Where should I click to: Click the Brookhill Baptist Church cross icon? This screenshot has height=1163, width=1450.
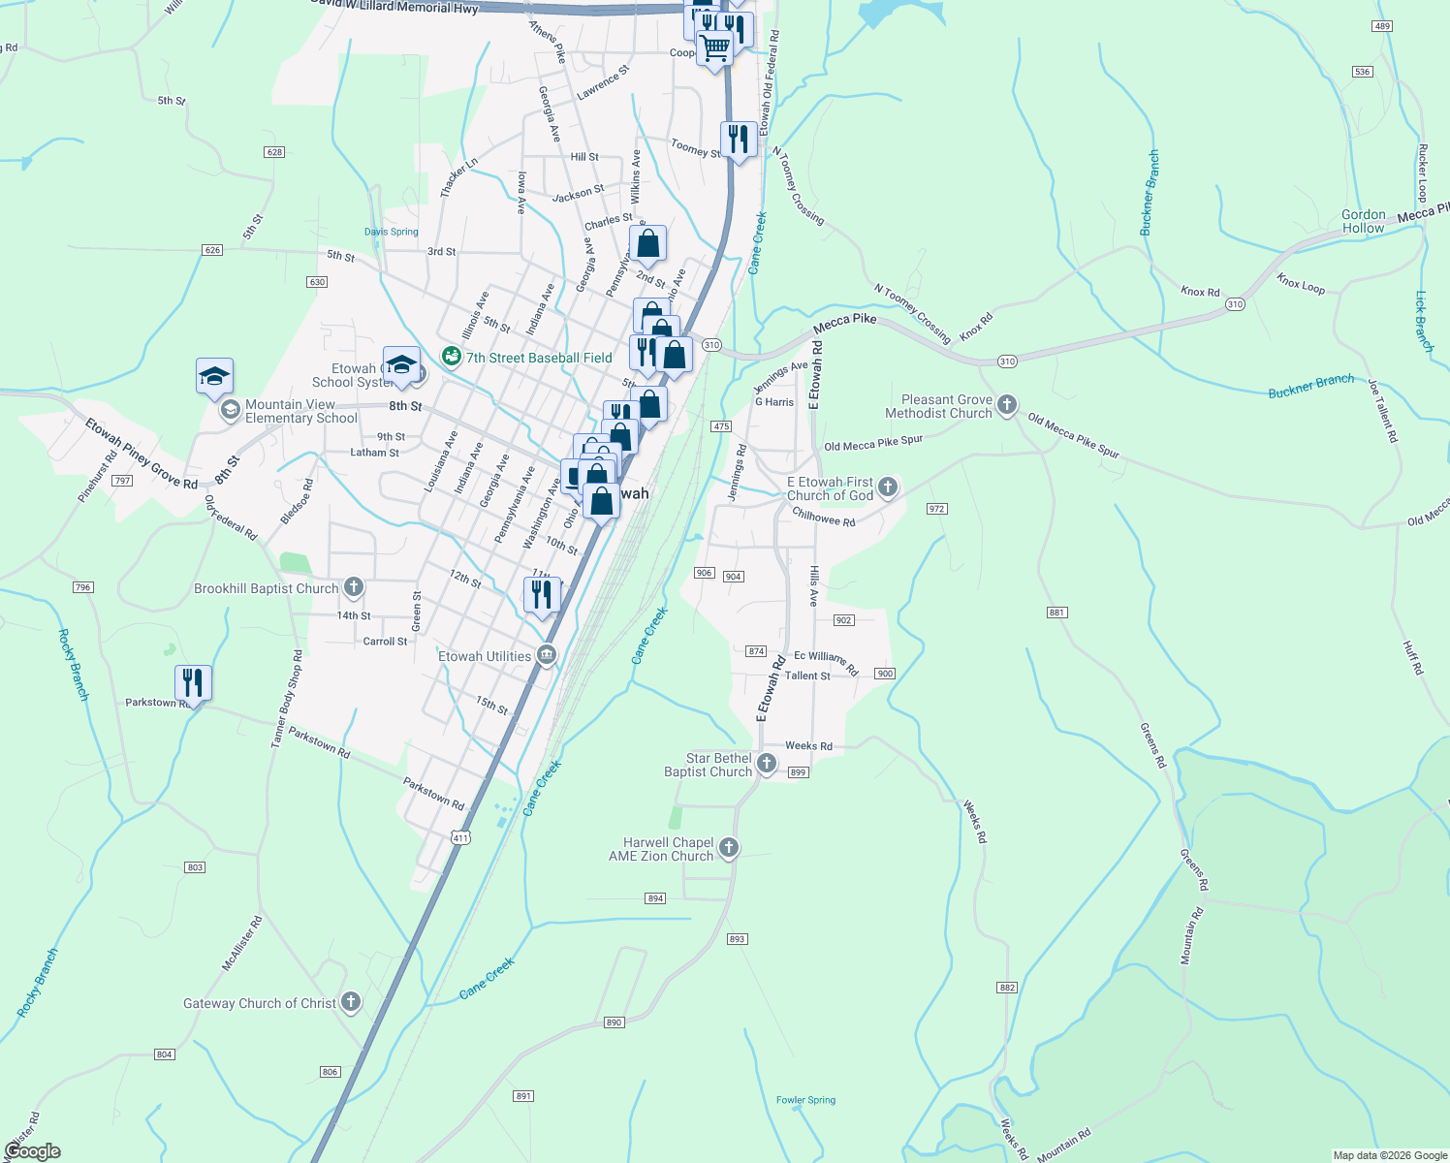(x=354, y=586)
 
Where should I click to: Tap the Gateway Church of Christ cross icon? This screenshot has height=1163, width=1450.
(x=351, y=1002)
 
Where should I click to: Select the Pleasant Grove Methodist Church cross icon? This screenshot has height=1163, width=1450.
(x=1007, y=404)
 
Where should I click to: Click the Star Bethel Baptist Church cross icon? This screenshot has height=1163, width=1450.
(x=767, y=764)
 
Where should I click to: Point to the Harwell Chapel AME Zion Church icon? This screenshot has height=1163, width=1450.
(x=729, y=848)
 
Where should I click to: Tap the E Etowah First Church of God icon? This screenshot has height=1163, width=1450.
(x=888, y=487)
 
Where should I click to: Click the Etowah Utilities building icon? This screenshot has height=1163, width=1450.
(x=547, y=655)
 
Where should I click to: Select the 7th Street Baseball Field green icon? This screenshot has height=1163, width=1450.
(x=451, y=357)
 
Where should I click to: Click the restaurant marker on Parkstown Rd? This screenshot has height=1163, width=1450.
(x=193, y=683)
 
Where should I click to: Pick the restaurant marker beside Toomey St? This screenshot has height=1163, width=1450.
(x=739, y=140)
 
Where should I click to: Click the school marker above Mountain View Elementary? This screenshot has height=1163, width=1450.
(x=214, y=376)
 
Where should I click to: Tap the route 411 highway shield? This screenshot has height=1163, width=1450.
(x=459, y=837)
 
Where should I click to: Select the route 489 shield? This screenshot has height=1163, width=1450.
(x=1383, y=26)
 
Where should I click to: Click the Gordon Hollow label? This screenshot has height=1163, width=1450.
(x=1364, y=221)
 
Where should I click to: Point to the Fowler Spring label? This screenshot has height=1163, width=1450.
(x=805, y=1100)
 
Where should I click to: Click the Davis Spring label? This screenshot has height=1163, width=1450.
(x=391, y=232)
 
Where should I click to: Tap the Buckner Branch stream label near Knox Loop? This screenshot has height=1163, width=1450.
(x=1310, y=386)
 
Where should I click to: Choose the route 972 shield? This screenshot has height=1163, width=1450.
(x=936, y=509)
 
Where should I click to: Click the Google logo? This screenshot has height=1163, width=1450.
(x=33, y=1150)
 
